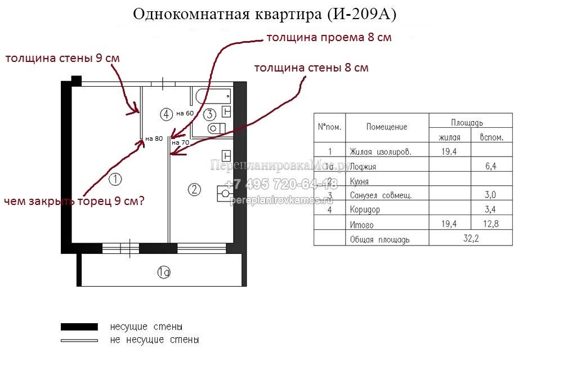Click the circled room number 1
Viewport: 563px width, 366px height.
coord(115,180)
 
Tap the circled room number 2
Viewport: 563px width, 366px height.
coord(194,189)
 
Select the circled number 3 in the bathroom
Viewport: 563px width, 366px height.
coord(209,114)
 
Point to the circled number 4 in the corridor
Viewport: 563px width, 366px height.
coord(166,114)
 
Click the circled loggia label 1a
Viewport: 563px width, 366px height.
coord(164,273)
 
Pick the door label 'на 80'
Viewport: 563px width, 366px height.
coord(154,139)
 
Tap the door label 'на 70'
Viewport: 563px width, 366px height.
coord(180,143)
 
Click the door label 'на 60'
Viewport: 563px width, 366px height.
coord(185,114)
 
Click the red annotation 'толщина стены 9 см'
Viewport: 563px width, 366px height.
coord(62,59)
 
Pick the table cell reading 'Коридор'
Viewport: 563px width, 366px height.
coord(364,209)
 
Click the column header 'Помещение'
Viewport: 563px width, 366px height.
coord(387,127)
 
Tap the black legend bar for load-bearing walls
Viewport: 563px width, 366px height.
coord(79,327)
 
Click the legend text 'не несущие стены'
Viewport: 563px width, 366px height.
coord(154,340)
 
